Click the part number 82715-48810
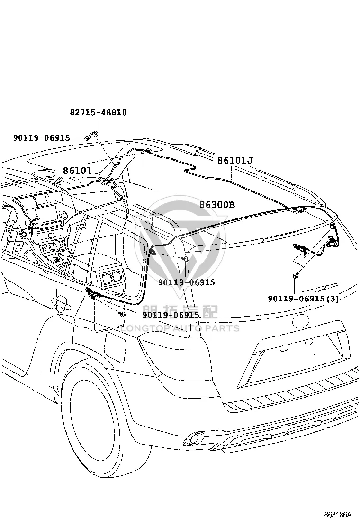[x=99, y=112]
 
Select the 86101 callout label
[x=77, y=171]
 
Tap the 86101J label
[x=235, y=160]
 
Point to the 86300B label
[x=217, y=205]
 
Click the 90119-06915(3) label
[x=303, y=299]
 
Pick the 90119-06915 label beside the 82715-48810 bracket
[x=42, y=137]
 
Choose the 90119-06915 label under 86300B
[x=186, y=282]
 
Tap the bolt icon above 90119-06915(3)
[x=295, y=276]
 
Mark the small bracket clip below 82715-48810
[x=94, y=133]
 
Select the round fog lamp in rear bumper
[x=194, y=438]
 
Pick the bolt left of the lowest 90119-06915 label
[x=123, y=315]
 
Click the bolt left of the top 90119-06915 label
[x=87, y=138]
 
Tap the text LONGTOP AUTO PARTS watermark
[x=180, y=328]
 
